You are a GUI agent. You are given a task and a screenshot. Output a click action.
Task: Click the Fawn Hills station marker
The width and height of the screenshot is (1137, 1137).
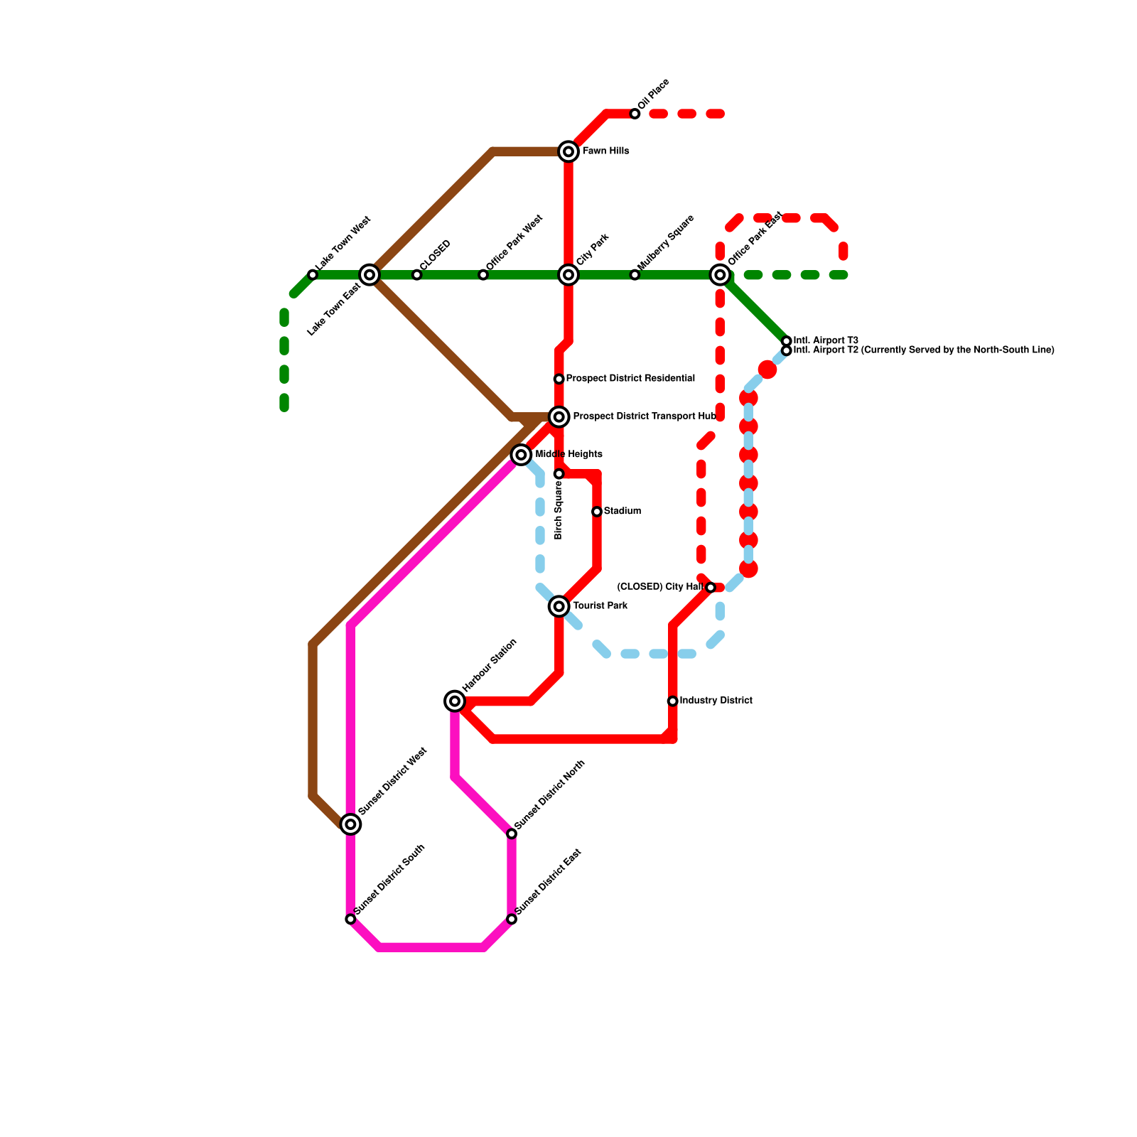568,151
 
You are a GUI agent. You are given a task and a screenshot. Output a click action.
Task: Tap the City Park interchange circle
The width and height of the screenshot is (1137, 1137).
568,275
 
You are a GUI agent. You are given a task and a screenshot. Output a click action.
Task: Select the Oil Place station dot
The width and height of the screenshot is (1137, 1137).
635,114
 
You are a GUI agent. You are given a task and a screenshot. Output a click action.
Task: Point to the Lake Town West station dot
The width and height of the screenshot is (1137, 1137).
313,275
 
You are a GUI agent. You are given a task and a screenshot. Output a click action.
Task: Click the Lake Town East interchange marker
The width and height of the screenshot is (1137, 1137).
370,275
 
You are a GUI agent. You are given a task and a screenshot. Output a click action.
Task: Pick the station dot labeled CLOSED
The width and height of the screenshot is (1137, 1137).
417,275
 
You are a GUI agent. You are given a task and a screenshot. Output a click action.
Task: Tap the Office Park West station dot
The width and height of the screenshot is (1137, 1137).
483,275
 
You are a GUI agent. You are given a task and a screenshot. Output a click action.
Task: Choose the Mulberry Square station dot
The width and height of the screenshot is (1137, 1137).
635,275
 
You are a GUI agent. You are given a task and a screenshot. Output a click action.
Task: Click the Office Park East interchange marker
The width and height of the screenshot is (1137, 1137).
720,275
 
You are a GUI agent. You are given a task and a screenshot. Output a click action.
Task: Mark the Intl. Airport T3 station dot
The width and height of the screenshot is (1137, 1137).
786,341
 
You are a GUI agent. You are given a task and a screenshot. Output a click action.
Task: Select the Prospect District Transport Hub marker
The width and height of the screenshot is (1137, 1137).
559,416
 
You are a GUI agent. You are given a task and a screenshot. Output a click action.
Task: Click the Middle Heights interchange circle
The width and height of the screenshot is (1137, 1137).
521,454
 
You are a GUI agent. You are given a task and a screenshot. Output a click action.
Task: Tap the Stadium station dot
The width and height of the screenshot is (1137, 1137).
597,512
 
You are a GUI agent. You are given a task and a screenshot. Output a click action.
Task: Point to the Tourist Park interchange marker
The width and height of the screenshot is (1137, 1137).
559,606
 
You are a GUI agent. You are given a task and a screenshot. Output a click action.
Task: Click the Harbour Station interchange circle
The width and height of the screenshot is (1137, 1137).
455,701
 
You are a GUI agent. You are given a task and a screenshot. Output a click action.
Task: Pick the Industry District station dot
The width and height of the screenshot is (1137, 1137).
672,701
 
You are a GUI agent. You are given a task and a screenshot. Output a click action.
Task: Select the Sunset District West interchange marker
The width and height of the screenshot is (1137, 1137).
350,824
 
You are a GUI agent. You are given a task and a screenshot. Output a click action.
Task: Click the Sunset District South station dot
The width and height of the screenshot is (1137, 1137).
350,919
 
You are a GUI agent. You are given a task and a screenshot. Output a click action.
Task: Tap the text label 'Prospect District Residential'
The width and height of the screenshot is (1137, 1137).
630,379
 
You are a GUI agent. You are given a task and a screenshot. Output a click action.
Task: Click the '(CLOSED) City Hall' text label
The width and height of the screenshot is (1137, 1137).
660,587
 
